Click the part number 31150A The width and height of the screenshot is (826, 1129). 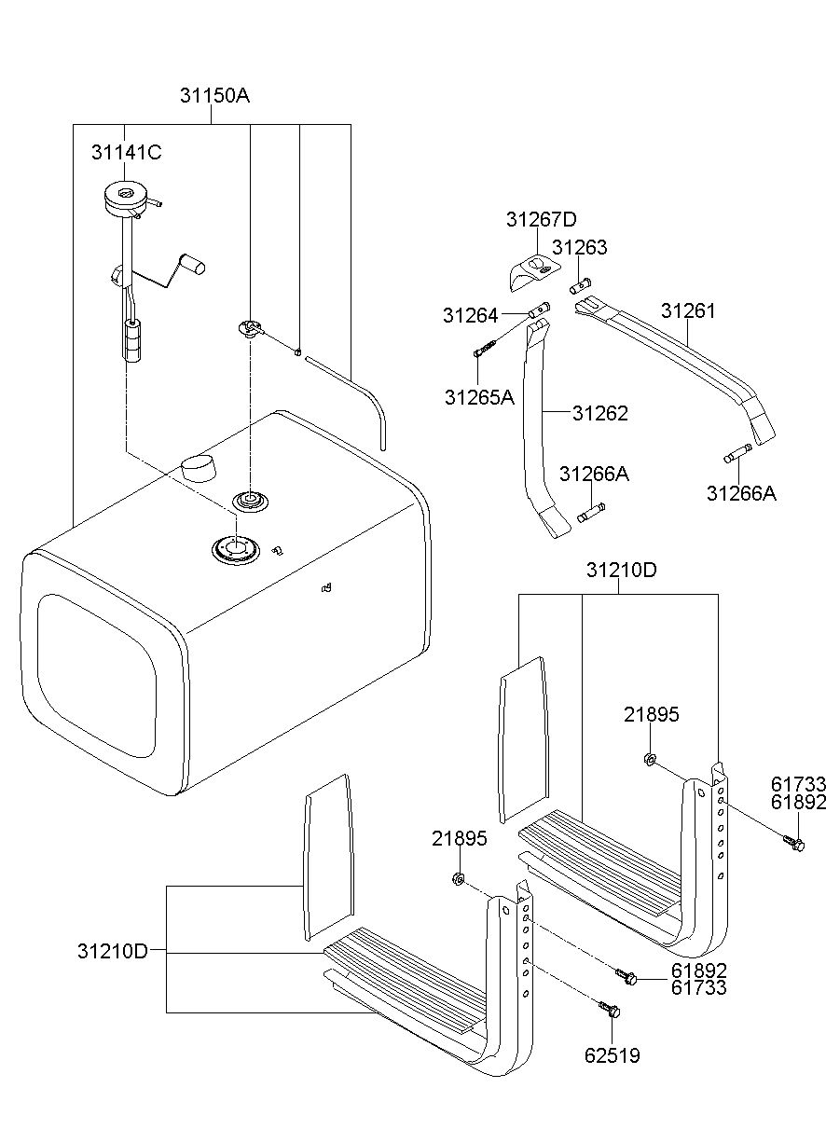click(214, 95)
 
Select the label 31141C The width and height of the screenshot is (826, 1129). click(127, 152)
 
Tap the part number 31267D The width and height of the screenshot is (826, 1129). click(542, 219)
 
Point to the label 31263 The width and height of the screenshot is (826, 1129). click(580, 247)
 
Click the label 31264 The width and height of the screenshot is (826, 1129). click(471, 315)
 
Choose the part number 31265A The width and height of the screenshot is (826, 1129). click(479, 398)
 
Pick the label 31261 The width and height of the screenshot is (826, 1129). click(688, 310)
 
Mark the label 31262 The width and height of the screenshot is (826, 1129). click(600, 413)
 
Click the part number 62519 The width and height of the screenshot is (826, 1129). click(613, 1055)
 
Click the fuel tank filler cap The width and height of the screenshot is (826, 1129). click(199, 467)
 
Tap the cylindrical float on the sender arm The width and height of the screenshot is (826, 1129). click(193, 264)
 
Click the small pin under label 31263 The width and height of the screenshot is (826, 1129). click(580, 287)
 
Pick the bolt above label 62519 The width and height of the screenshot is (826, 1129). click(610, 1009)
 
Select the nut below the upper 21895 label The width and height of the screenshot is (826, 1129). click(650, 759)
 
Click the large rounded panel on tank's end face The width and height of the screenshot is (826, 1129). click(97, 676)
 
